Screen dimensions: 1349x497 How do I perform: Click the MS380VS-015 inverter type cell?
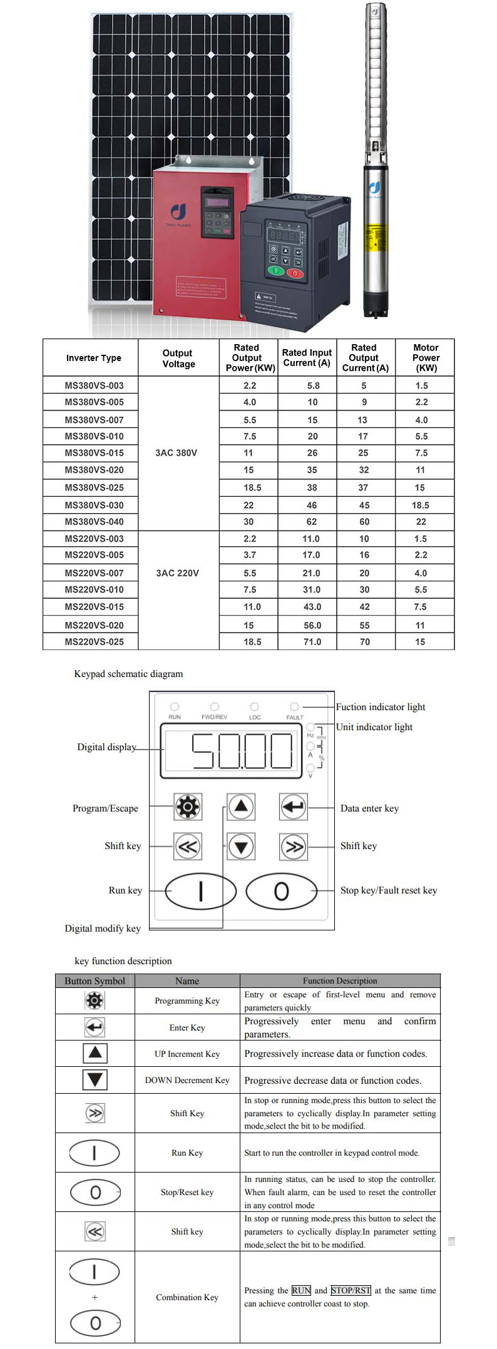coord(94,453)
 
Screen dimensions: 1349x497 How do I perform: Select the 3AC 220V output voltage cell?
coord(178,573)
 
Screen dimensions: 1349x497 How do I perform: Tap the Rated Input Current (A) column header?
coord(307,358)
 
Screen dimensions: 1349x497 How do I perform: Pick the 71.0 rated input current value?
coord(312,642)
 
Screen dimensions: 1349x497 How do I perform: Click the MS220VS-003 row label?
coord(94,539)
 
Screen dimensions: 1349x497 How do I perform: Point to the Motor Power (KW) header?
coord(426,358)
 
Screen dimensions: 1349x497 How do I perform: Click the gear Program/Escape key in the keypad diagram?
coord(188,807)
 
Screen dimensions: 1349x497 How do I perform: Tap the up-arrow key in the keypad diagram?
coord(241,807)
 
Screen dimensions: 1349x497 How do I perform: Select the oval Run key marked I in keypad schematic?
coord(201,891)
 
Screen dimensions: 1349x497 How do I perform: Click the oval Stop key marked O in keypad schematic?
coord(282,891)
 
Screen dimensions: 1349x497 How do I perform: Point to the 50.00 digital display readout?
coord(242,751)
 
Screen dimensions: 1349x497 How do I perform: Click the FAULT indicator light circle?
coord(294,706)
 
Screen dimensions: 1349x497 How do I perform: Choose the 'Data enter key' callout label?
coord(369,808)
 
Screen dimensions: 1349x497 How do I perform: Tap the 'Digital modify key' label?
coord(103,929)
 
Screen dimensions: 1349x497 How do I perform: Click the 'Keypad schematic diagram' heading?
coord(128,674)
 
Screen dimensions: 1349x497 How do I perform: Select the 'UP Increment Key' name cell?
coord(187,1054)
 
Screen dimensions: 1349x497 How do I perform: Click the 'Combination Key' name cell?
coord(187,1298)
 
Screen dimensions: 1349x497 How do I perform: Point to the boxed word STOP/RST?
coord(351,1291)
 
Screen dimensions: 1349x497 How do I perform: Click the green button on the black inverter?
coord(276,272)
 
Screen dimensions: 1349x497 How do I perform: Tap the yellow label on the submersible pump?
coord(376,238)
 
